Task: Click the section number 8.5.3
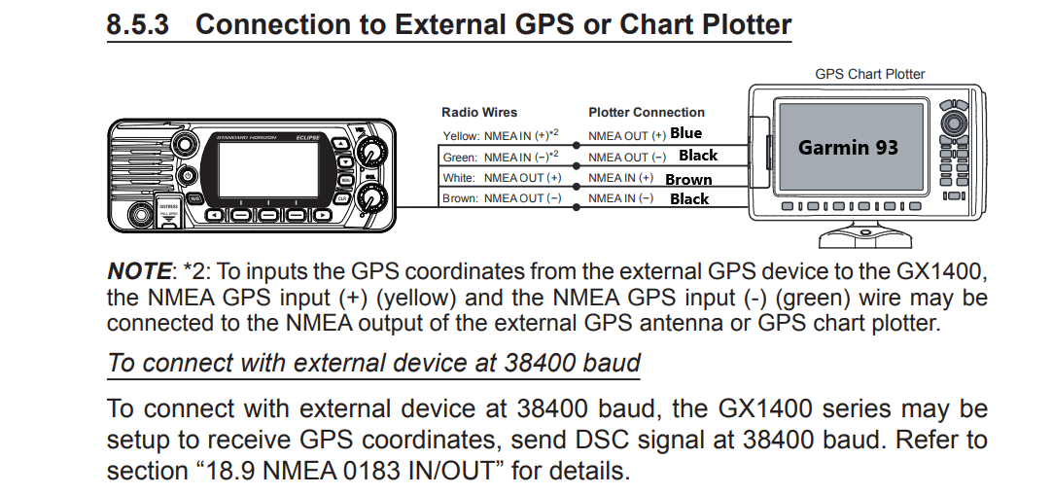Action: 137,24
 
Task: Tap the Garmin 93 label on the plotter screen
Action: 848,148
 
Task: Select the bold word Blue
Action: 685,133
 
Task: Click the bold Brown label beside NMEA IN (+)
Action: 688,179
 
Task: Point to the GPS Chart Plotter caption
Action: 869,74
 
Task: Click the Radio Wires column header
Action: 479,113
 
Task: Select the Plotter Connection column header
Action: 646,113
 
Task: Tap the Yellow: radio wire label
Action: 460,136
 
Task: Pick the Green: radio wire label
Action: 459,158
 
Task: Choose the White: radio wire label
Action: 459,178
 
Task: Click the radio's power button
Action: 191,176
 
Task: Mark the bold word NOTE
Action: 138,272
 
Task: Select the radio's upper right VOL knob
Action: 369,153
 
